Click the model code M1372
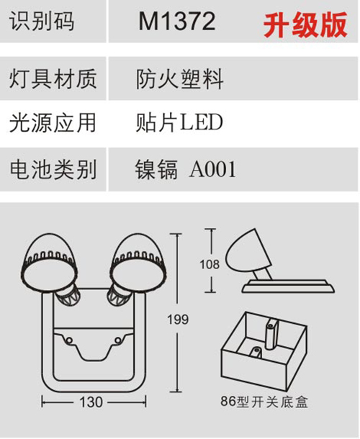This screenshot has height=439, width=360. click(x=177, y=22)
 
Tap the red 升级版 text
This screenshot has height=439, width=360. click(x=305, y=25)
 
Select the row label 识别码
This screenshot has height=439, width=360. click(x=42, y=22)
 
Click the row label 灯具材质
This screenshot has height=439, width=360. click(x=53, y=79)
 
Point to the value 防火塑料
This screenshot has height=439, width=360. click(x=179, y=79)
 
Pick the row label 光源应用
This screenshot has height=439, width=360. click(x=53, y=122)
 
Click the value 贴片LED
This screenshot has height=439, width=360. click(x=179, y=122)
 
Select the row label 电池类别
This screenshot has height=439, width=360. click(x=53, y=169)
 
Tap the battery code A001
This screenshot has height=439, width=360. click(x=212, y=169)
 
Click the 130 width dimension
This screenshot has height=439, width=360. click(x=91, y=402)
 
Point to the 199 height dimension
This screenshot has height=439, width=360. click(x=178, y=320)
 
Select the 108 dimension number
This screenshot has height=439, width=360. click(x=210, y=264)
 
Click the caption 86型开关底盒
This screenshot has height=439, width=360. click(x=264, y=402)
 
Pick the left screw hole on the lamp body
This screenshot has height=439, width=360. click(x=68, y=340)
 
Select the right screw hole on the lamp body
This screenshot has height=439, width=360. click(x=119, y=340)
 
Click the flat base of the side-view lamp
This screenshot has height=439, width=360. click(x=288, y=286)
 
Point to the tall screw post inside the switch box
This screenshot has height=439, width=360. click(x=271, y=335)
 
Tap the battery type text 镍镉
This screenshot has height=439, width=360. click(x=156, y=169)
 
